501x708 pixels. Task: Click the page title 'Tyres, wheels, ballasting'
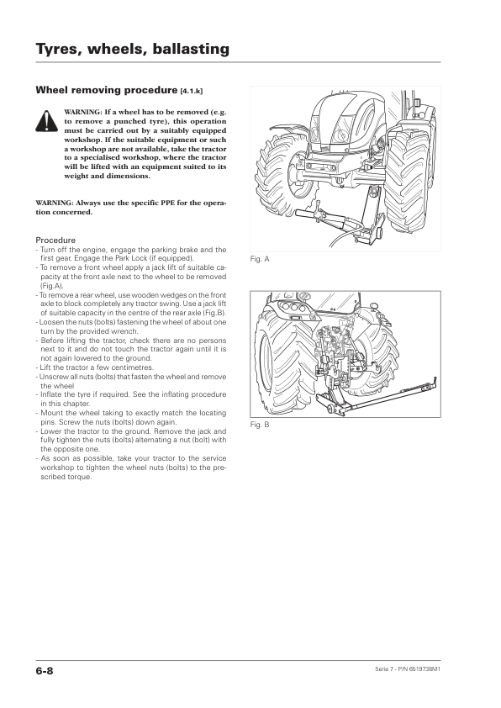[132, 49]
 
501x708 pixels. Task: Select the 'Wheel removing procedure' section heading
[107, 90]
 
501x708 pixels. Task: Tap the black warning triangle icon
[47, 120]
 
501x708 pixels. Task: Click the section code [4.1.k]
[192, 91]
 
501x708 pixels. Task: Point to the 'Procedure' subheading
[55, 240]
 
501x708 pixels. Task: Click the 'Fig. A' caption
[260, 259]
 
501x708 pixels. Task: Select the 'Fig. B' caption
[260, 425]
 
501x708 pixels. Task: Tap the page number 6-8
[45, 671]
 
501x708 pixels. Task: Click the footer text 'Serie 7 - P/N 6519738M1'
[408, 668]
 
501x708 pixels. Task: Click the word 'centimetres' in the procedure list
[132, 367]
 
